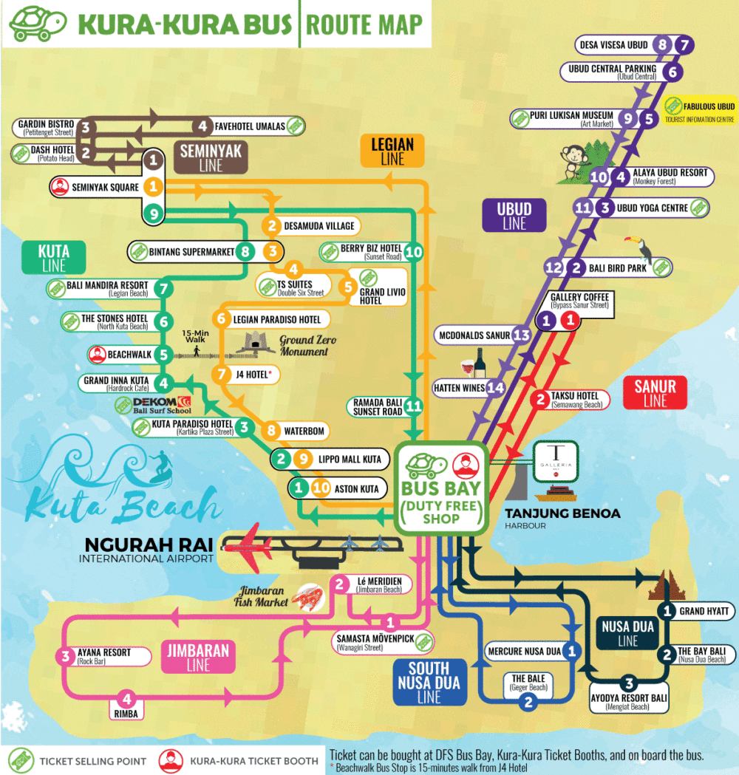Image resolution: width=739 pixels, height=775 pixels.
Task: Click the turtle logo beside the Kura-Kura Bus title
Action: point(34,24)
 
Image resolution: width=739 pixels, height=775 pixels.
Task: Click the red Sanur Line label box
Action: point(655,392)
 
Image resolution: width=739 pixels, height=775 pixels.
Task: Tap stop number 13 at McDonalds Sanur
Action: point(521,335)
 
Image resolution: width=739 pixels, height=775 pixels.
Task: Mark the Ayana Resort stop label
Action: point(104,656)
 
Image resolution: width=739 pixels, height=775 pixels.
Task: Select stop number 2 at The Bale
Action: point(528,703)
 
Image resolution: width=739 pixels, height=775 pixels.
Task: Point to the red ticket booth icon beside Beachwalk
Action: point(97,354)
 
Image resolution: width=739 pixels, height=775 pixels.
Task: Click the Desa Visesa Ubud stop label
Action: point(614,45)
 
